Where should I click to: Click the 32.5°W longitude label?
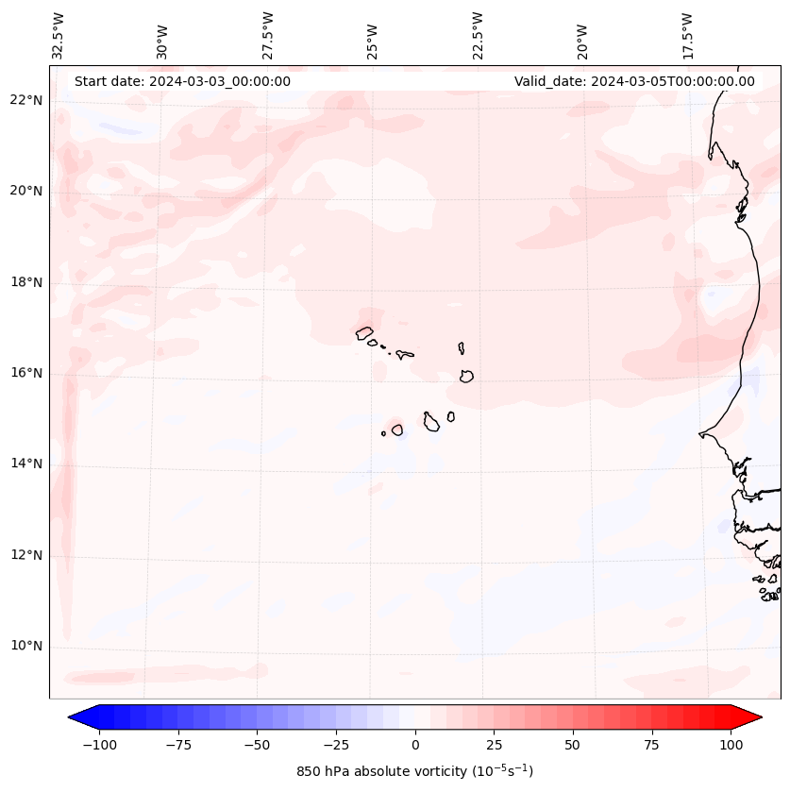coord(59,36)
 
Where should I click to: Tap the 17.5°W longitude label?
coord(687,36)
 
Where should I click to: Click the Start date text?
coord(182,81)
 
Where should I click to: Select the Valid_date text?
coord(634,81)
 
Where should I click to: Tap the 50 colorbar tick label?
coord(573,745)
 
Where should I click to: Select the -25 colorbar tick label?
coord(336,745)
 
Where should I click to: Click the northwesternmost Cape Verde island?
coord(364,332)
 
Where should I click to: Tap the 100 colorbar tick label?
coord(730,745)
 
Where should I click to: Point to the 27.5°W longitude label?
coord(268,36)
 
